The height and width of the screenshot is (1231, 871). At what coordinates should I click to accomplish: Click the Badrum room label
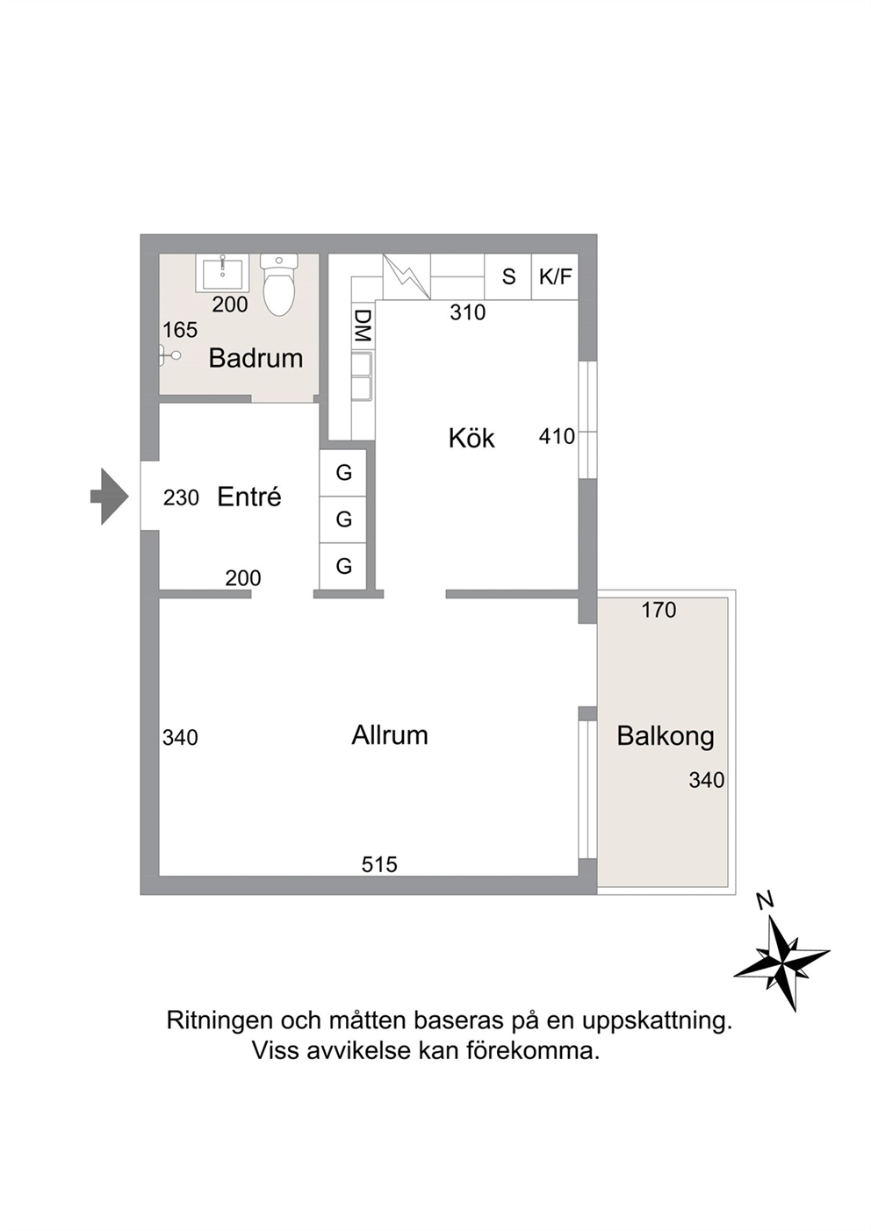(x=256, y=358)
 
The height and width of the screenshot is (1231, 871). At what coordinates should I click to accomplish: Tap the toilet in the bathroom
(x=279, y=284)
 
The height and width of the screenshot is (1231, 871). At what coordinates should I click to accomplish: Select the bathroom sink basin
(x=223, y=273)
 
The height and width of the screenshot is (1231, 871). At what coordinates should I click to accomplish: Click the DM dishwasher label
(x=363, y=326)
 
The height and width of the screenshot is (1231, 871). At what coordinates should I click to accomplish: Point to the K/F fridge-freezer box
(x=555, y=276)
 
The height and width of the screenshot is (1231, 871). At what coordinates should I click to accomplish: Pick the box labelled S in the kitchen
(x=508, y=276)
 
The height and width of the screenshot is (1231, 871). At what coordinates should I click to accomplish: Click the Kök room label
(x=471, y=439)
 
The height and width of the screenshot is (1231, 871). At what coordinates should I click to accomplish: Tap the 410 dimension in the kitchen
(x=557, y=437)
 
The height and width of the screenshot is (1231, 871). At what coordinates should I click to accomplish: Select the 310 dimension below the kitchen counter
(x=467, y=312)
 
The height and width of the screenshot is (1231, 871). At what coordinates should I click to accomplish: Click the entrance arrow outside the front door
(x=110, y=497)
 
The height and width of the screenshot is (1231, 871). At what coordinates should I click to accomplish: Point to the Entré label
(x=249, y=497)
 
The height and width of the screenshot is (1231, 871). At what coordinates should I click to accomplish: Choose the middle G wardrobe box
(x=343, y=519)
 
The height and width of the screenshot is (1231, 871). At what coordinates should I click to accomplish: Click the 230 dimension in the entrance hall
(x=181, y=497)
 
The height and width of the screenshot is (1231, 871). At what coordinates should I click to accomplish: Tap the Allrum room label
(x=389, y=735)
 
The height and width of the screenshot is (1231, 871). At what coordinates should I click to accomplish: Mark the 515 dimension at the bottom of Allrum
(x=378, y=865)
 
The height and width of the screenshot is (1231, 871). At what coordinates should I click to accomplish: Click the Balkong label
(x=666, y=736)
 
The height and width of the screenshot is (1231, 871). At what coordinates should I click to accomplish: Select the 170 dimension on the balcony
(x=659, y=610)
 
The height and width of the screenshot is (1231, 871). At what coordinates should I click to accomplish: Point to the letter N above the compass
(x=765, y=901)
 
